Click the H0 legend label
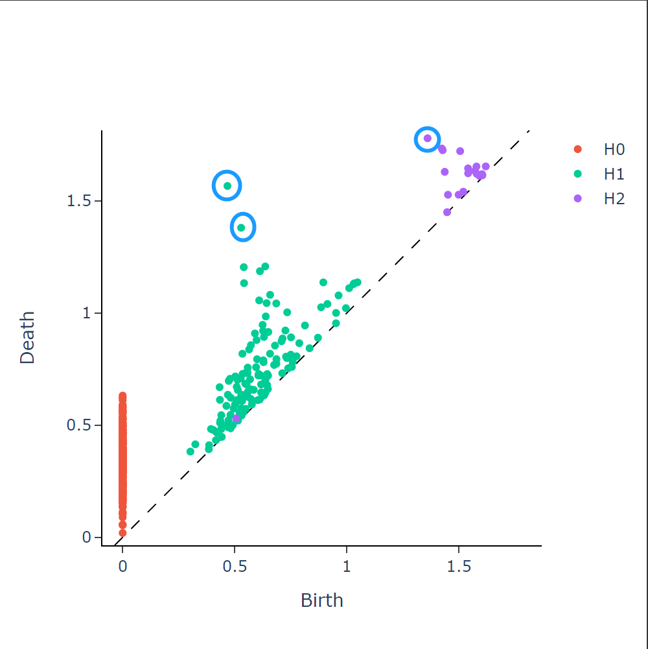[614, 150]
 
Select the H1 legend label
[614, 174]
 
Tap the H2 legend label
[614, 198]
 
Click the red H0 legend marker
[578, 150]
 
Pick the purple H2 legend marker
[578, 198]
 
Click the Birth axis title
[321, 600]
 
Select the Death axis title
[27, 338]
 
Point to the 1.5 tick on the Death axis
[79, 201]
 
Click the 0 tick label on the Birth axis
[122, 566]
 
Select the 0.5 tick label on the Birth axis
[235, 566]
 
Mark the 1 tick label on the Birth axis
[347, 566]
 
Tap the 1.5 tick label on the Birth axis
[459, 566]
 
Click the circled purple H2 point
[428, 138]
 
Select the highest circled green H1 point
[227, 186]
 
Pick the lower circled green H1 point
[241, 228]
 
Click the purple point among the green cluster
[237, 419]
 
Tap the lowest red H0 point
[122, 533]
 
